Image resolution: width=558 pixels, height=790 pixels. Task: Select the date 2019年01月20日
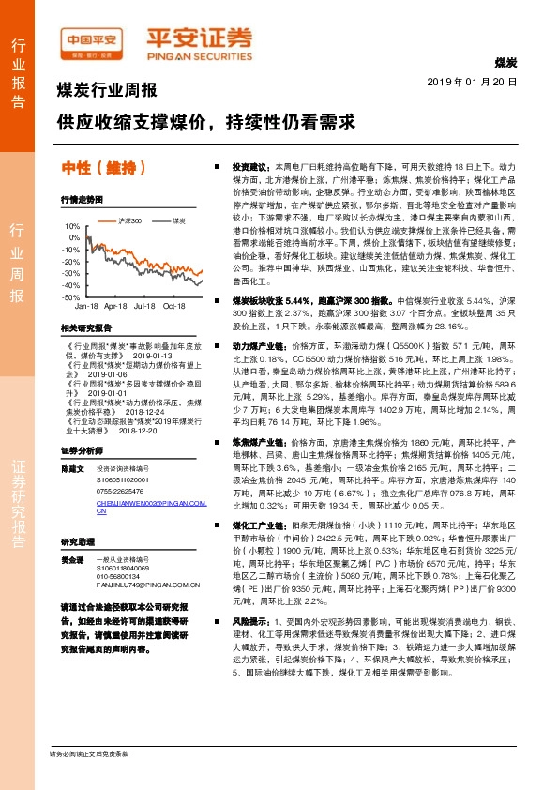(x=478, y=83)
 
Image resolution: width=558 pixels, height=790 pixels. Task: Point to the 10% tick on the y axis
(x=72, y=227)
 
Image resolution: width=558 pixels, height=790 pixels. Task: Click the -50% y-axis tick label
(x=71, y=296)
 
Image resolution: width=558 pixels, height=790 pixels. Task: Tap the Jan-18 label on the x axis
(x=87, y=306)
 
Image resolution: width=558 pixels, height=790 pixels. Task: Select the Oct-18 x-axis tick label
(x=174, y=306)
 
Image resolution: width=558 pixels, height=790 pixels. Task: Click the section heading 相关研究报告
(x=85, y=328)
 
